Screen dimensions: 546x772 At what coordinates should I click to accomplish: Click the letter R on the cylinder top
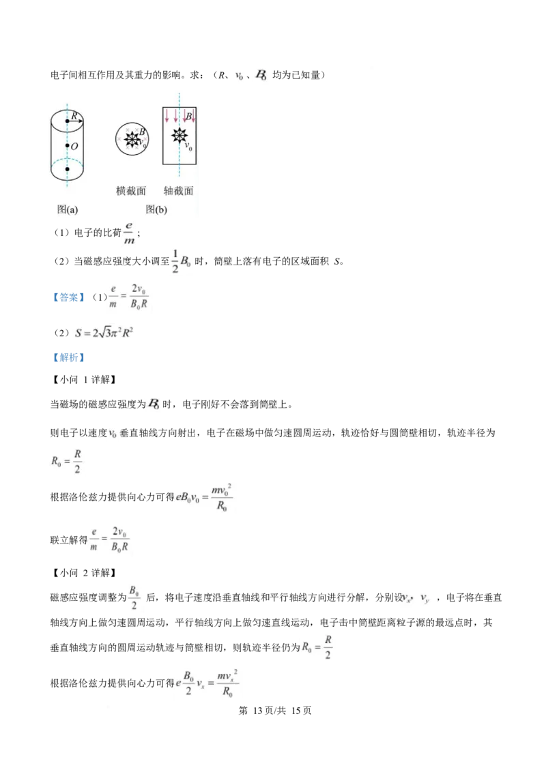(74, 115)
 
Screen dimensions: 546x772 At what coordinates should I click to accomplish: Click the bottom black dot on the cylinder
(67, 169)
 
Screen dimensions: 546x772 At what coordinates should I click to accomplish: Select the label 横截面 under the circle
(131, 190)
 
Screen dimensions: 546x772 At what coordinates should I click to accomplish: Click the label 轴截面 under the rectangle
(178, 190)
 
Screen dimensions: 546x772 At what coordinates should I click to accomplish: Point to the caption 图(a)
(68, 209)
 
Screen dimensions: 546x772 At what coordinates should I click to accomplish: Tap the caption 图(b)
(156, 209)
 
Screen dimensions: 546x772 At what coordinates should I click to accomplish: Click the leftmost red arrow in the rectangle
(167, 116)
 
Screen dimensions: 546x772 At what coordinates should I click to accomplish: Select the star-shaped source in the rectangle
(179, 135)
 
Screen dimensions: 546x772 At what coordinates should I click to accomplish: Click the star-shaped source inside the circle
(132, 139)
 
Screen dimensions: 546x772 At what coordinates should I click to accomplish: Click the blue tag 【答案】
(68, 297)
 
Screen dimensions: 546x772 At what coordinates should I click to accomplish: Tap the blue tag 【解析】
(68, 357)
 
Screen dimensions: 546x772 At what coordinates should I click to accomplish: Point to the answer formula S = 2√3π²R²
(104, 333)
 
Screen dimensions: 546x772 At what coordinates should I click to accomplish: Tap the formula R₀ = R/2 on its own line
(66, 461)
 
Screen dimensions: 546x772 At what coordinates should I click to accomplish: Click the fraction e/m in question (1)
(129, 233)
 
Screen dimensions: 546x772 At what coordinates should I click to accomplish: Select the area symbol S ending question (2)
(337, 261)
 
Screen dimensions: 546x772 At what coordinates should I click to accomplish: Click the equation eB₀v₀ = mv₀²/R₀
(204, 498)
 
